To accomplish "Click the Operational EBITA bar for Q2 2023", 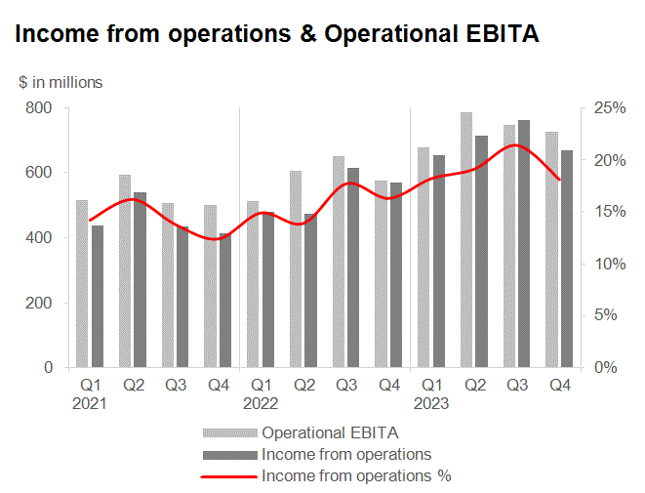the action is click(x=466, y=240).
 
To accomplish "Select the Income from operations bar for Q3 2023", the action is click(x=524, y=244).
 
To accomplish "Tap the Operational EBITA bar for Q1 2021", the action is click(x=82, y=283).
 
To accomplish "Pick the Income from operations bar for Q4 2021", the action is click(x=225, y=301).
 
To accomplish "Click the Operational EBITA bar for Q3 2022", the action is click(x=339, y=262).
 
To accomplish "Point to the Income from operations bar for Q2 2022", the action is click(x=310, y=291).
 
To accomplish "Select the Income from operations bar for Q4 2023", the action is click(x=567, y=259).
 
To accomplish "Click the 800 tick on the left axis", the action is click(x=39, y=107).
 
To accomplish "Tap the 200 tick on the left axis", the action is click(x=39, y=303).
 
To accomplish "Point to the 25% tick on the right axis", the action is click(x=610, y=107).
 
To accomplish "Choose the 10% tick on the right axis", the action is click(x=610, y=264).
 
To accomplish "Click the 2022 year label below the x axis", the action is click(x=261, y=403).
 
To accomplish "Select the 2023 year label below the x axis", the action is click(x=431, y=403).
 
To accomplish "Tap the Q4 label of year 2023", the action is click(x=560, y=386).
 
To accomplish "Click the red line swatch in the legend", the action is click(x=228, y=477).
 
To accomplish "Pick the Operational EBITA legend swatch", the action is click(x=230, y=432).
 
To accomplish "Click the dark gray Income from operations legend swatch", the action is click(x=230, y=455).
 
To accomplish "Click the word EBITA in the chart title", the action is click(x=503, y=33).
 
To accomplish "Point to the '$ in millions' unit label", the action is click(x=60, y=82).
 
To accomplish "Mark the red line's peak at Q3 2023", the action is click(x=515, y=145).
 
